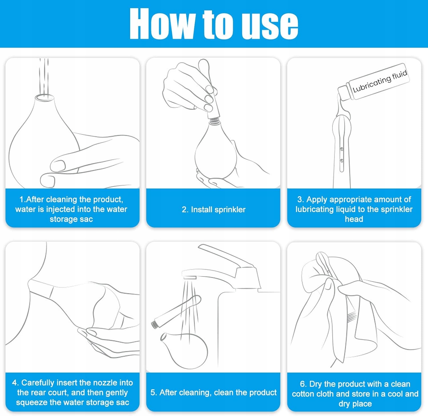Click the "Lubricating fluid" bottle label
380,81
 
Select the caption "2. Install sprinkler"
213,210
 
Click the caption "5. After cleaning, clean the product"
213,393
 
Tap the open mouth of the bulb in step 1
44,98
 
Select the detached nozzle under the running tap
176,312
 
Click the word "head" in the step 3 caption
354,219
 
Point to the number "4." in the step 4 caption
15,383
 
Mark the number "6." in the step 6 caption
303,384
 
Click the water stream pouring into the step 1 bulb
44,76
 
